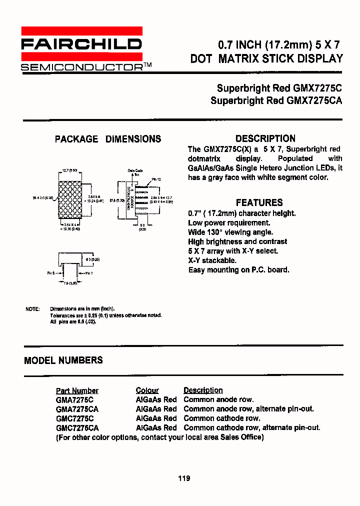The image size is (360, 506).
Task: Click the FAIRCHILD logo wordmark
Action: point(81,44)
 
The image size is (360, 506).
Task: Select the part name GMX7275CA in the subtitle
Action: point(314,100)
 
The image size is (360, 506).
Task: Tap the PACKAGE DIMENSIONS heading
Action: point(108,139)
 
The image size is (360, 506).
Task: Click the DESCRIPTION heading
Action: point(265,138)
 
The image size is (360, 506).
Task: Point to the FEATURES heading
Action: point(259,202)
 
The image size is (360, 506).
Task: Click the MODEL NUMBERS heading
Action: point(63,360)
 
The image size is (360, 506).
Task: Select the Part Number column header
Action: point(77,390)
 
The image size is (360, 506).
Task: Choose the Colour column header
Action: point(147,390)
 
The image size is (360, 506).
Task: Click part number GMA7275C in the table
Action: point(74,399)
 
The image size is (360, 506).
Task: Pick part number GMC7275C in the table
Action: point(74,418)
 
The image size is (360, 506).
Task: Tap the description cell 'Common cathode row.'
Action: point(222,418)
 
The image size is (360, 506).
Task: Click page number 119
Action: point(183,478)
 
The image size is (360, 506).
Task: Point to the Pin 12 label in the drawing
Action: point(156,179)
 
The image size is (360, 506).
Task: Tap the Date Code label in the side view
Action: point(135,170)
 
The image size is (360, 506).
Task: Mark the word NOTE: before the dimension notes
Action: point(32,309)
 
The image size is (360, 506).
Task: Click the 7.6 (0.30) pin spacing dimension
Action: point(71,283)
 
